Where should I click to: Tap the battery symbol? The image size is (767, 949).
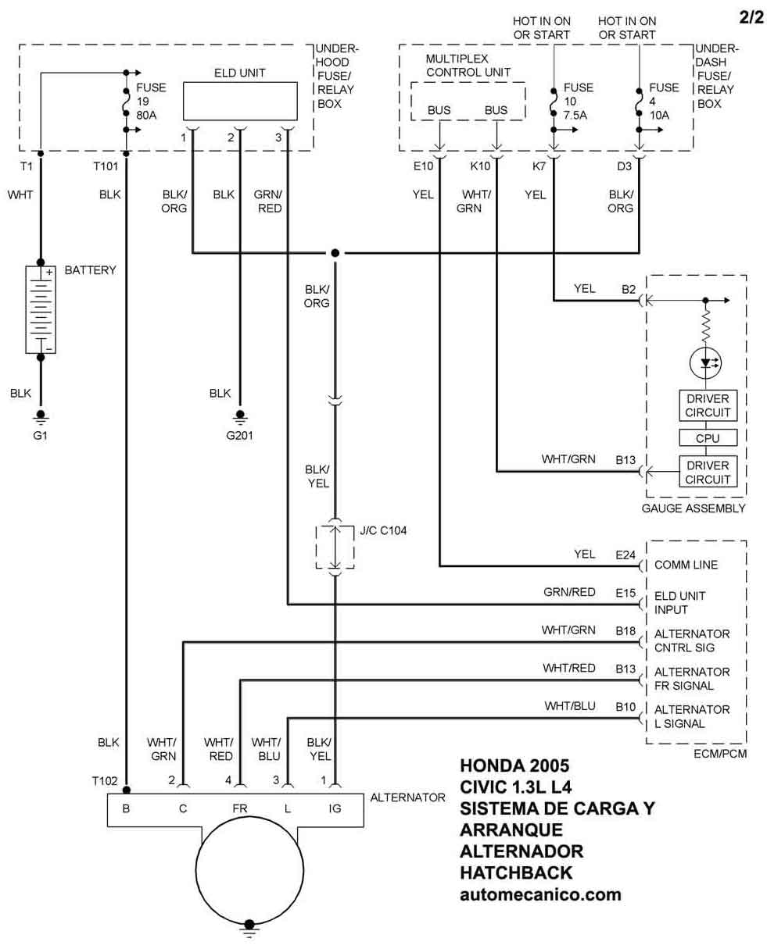click(x=41, y=309)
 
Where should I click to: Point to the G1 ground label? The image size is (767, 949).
click(x=41, y=435)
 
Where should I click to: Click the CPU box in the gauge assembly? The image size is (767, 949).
click(x=707, y=438)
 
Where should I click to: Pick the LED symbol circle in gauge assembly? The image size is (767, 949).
click(x=706, y=362)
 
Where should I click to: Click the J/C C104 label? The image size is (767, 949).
click(x=383, y=530)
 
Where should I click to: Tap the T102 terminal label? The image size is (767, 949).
click(x=105, y=780)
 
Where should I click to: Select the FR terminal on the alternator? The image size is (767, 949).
click(x=239, y=809)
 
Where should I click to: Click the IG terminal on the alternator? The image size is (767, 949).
click(x=335, y=809)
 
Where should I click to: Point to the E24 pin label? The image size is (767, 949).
click(x=625, y=554)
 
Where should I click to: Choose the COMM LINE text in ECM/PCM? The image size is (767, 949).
click(x=686, y=565)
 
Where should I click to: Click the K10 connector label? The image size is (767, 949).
click(x=480, y=166)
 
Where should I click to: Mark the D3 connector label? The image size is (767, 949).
click(x=624, y=166)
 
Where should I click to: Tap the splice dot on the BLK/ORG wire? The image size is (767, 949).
click(x=335, y=253)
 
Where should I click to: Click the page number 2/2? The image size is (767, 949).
click(x=751, y=16)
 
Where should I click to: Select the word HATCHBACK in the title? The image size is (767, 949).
click(x=516, y=872)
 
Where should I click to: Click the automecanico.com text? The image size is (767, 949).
click(x=540, y=894)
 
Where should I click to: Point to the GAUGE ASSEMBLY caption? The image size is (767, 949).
click(x=694, y=508)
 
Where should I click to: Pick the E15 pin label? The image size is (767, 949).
click(x=625, y=593)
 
